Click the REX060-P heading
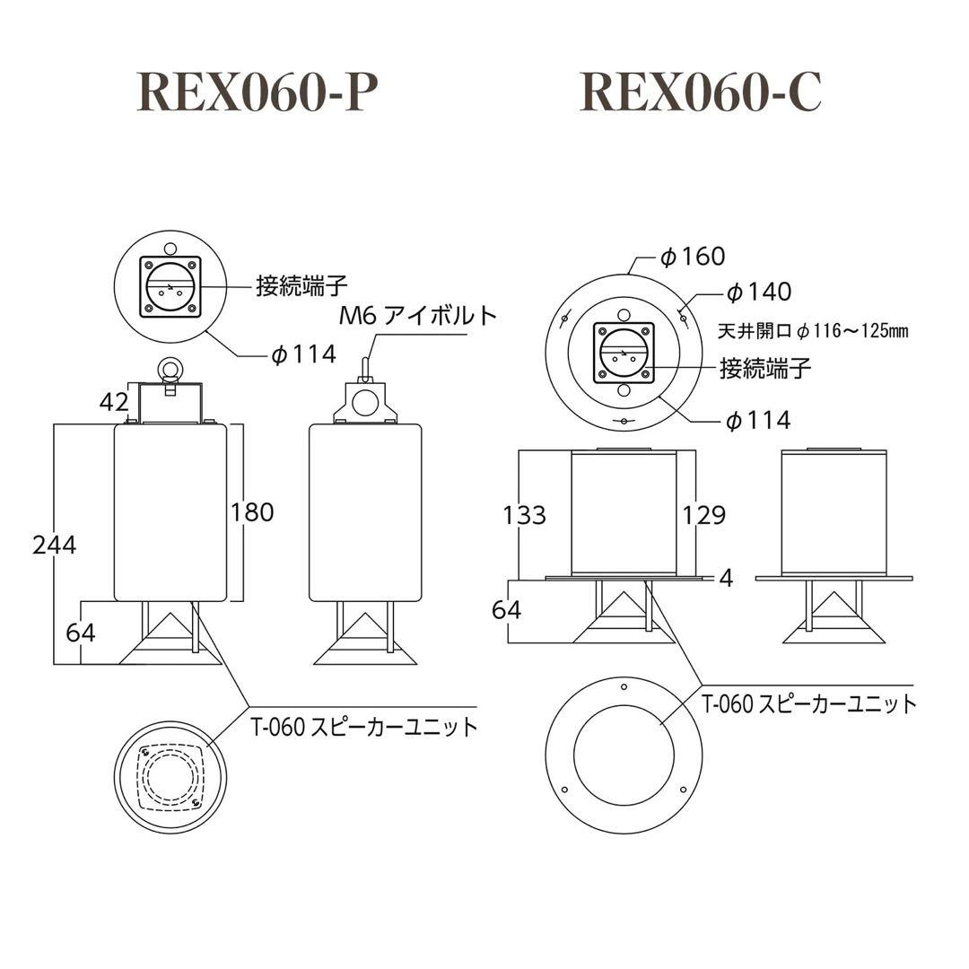252,92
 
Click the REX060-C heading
701,92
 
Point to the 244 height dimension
54,545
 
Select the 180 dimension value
252,512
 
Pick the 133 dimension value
524,515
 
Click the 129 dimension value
703,515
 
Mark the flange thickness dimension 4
727,579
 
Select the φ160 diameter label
692,257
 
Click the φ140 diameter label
758,292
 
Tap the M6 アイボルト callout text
417,315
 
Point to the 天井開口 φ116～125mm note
813,331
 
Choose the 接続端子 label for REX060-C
766,367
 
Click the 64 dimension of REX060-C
507,610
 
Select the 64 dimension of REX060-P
81,632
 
